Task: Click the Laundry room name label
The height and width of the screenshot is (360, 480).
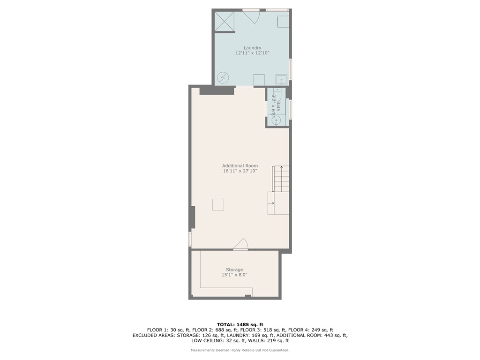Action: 252,47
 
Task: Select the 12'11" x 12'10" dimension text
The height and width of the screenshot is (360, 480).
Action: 252,53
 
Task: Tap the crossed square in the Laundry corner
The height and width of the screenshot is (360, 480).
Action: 224,21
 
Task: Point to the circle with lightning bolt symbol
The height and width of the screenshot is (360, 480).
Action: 223,77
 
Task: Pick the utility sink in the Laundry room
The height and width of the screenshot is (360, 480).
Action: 281,80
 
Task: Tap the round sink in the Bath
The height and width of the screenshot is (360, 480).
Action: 277,120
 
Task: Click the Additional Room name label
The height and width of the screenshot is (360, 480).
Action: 240,165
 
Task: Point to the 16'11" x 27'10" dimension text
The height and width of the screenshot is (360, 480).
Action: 240,172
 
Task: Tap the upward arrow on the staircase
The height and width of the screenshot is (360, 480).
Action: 281,168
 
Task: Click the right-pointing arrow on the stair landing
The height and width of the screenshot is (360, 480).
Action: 272,203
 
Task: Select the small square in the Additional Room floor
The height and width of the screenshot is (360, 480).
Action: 218,204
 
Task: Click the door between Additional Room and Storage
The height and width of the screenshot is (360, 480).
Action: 241,245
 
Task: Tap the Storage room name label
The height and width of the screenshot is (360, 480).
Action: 234,270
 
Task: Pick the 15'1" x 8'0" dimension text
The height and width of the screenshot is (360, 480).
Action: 234,275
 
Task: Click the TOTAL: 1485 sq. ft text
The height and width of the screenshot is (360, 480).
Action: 240,324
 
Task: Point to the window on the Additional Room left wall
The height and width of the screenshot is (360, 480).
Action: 190,239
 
